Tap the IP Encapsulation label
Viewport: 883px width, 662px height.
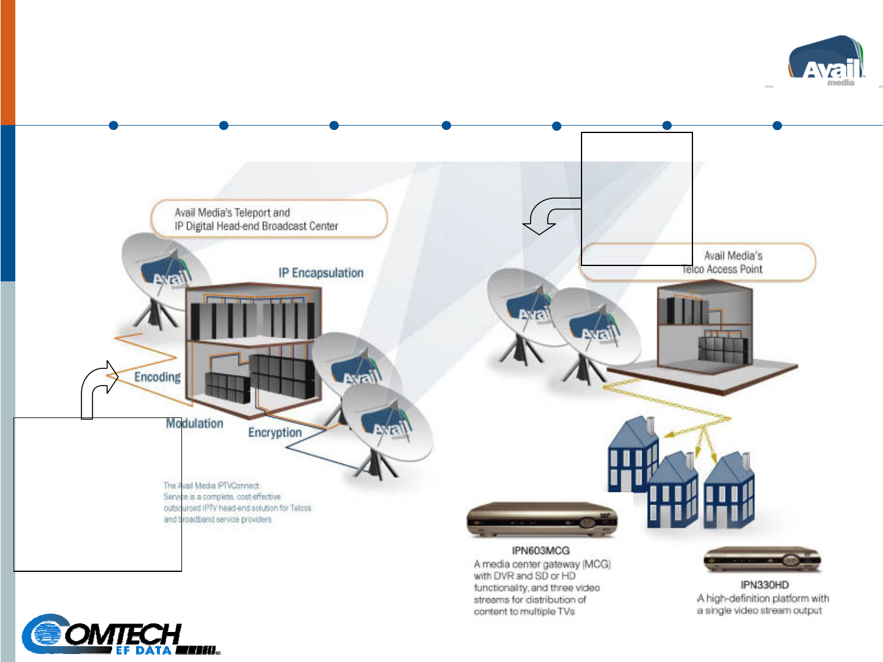[x=320, y=273]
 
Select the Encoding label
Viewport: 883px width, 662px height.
[x=157, y=377]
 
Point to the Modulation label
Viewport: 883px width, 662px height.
[x=195, y=424]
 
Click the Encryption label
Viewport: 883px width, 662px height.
[x=275, y=433]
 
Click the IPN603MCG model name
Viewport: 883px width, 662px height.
[x=540, y=550]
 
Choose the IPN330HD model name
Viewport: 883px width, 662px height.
[x=764, y=585]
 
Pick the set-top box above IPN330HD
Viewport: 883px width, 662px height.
[x=762, y=560]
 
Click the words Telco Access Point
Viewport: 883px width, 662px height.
[x=722, y=269]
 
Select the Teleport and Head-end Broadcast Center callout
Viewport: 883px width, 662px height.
[x=269, y=219]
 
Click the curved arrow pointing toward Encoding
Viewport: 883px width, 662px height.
[x=98, y=386]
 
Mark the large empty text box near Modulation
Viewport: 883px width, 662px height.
[x=97, y=494]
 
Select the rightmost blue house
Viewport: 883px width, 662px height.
[x=729, y=490]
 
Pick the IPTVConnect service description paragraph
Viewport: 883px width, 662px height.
[x=237, y=503]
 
